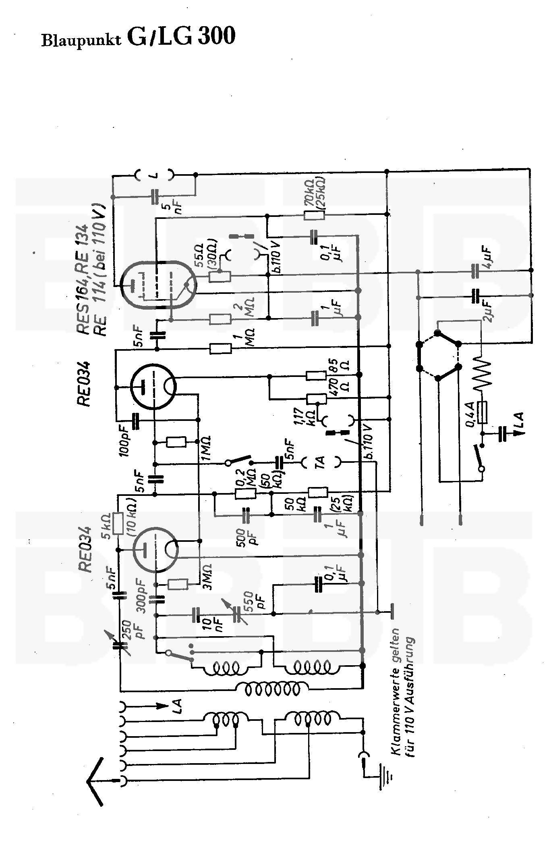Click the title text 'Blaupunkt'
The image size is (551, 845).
click(x=81, y=40)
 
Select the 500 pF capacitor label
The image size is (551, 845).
click(x=246, y=536)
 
